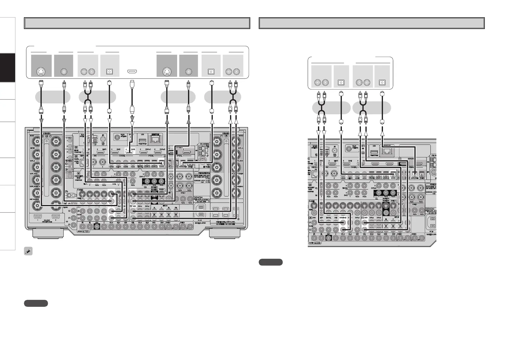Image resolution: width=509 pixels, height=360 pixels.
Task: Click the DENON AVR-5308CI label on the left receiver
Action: (203, 200)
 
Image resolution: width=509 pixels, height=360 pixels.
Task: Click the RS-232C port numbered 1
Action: (37, 216)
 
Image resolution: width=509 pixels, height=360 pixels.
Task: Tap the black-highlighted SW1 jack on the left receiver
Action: (97, 227)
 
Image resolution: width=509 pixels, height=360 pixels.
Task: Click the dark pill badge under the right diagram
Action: (271, 262)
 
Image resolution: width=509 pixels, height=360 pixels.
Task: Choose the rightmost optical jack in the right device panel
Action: (382, 82)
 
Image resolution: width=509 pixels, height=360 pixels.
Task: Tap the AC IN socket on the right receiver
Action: (431, 224)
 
